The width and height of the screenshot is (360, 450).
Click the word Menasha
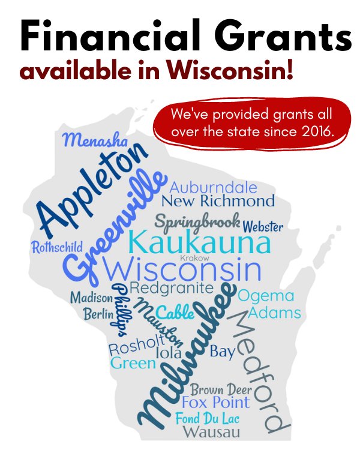[x=95, y=141]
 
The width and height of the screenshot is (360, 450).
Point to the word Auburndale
[x=213, y=187]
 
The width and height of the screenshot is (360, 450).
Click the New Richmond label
[x=218, y=201]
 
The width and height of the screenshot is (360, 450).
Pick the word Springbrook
[x=197, y=221]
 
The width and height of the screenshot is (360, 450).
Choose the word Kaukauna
[x=199, y=243]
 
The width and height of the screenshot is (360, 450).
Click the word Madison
[x=91, y=298]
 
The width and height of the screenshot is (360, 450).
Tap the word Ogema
[x=266, y=296]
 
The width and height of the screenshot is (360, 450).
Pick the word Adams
[x=274, y=313]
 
